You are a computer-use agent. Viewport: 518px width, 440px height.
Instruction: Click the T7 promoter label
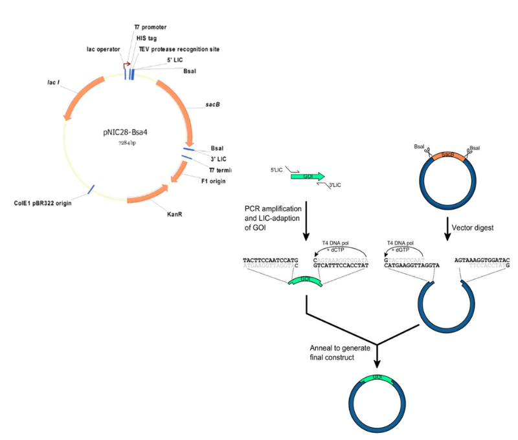(x=150, y=27)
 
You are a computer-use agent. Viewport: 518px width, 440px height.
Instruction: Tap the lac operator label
(x=104, y=49)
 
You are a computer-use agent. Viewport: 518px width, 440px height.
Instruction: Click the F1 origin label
(x=214, y=182)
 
